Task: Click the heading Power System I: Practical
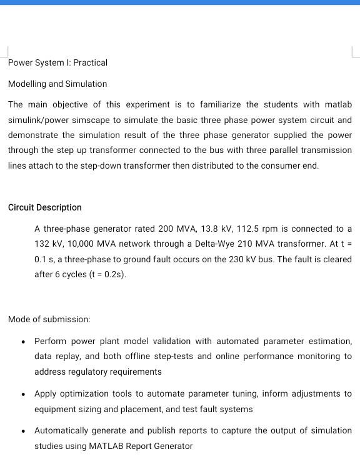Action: click(x=57, y=62)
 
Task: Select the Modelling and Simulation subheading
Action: click(x=57, y=84)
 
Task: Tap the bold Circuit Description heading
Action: click(x=45, y=207)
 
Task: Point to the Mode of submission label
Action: click(x=49, y=319)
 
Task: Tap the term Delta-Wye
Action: click(x=213, y=244)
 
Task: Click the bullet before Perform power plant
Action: click(x=23, y=342)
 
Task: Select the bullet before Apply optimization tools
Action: click(x=23, y=394)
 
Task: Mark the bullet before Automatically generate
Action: click(x=23, y=431)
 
